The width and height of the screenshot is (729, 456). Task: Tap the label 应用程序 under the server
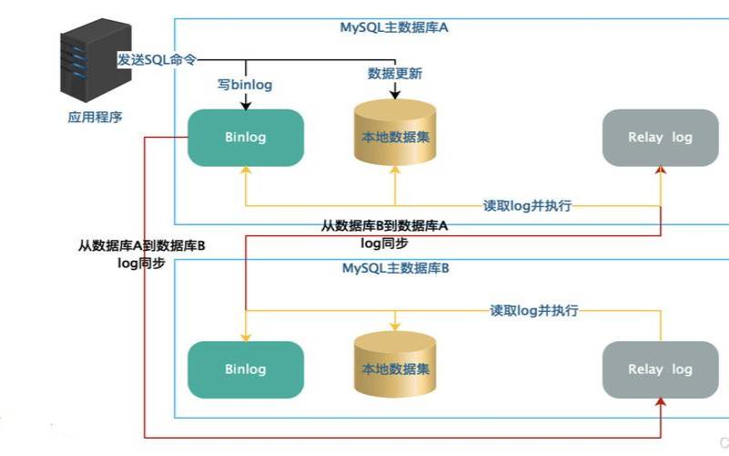95,118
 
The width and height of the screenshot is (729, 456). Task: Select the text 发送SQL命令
157,57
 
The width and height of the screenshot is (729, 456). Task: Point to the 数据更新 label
395,73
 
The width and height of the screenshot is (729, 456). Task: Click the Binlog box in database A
245,138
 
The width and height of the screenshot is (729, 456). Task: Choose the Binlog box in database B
245,369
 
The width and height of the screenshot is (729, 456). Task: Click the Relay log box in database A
661,138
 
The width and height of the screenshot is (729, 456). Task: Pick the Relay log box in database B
661,369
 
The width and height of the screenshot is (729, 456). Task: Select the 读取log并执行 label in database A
527,205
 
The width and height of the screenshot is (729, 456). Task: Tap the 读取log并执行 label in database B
534,310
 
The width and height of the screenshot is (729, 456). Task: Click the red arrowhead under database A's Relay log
662,171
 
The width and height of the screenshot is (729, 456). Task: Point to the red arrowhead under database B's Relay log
662,403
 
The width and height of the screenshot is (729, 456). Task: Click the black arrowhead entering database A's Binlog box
245,105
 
